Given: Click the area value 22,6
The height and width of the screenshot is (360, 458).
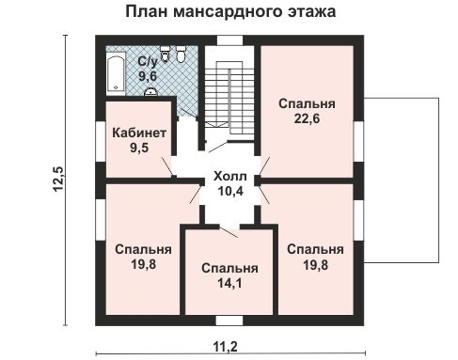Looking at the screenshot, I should coord(308,118).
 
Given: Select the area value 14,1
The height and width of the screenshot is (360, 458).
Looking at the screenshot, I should coord(229,281).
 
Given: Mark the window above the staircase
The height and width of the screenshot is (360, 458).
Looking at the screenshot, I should coord(229,39).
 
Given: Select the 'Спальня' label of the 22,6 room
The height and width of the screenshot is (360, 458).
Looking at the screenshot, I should coord(308,103).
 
